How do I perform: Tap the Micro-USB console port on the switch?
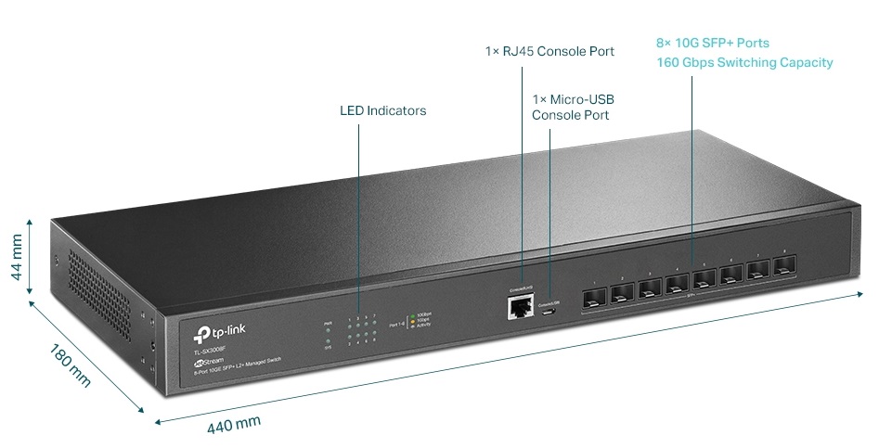tap(549, 312)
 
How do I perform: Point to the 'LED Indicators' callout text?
tap(382, 110)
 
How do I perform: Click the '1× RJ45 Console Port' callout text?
tap(549, 51)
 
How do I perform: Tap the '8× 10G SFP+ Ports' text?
tap(712, 43)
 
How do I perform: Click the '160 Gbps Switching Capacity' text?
tap(744, 62)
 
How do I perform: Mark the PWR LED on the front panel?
tap(327, 330)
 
